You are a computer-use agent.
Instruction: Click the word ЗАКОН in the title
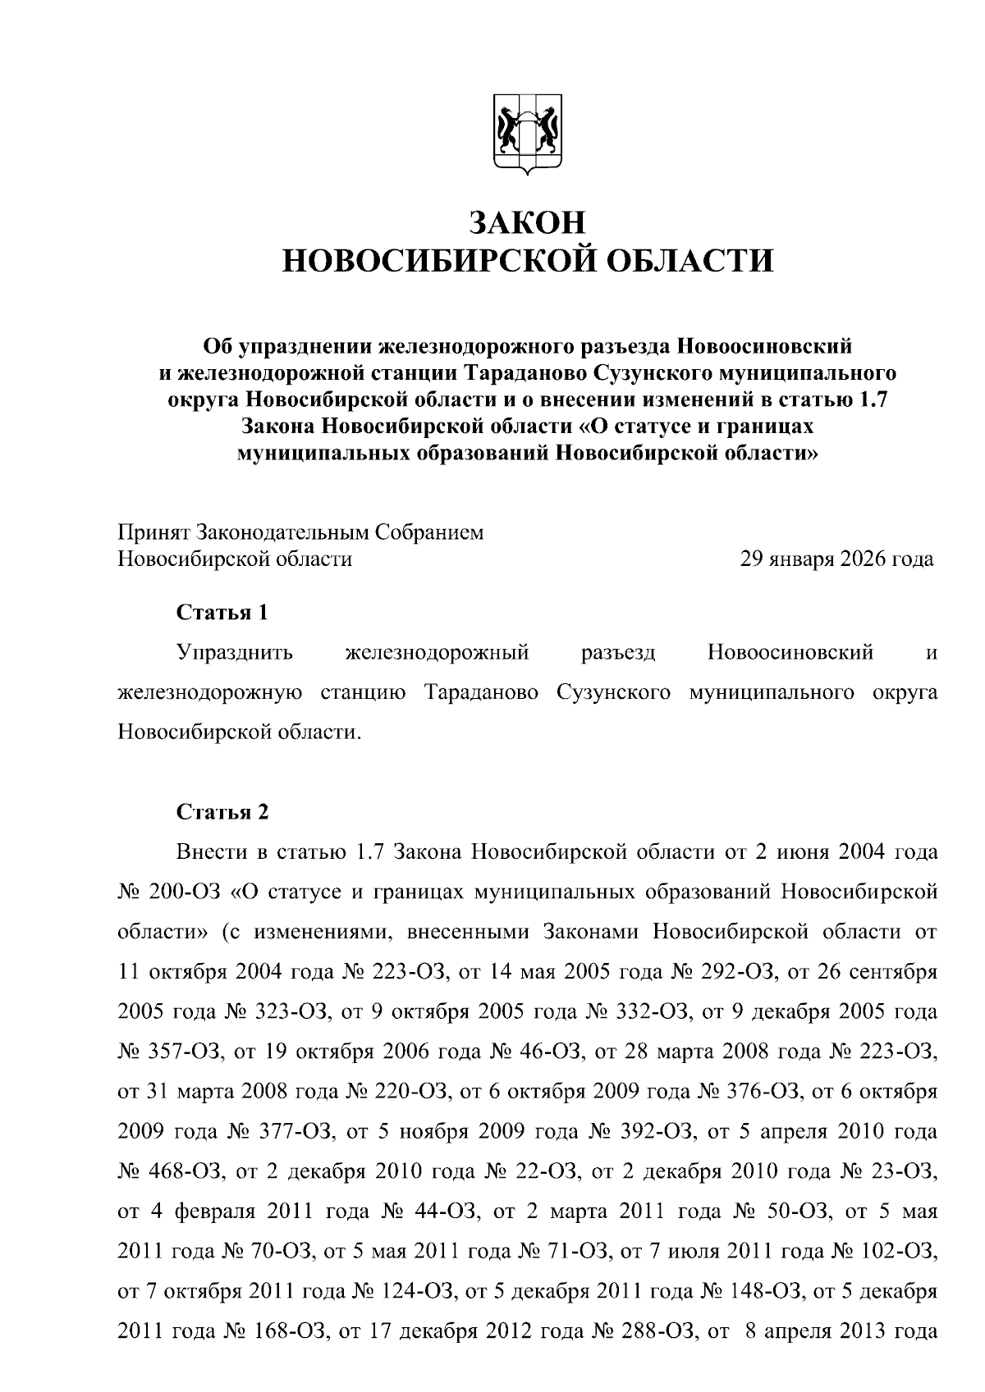click(529, 223)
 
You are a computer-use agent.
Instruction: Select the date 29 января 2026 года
click(836, 559)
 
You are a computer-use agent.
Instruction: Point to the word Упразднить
click(236, 654)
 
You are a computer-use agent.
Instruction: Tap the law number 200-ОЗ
click(183, 892)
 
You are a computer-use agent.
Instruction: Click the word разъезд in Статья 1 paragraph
click(617, 654)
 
